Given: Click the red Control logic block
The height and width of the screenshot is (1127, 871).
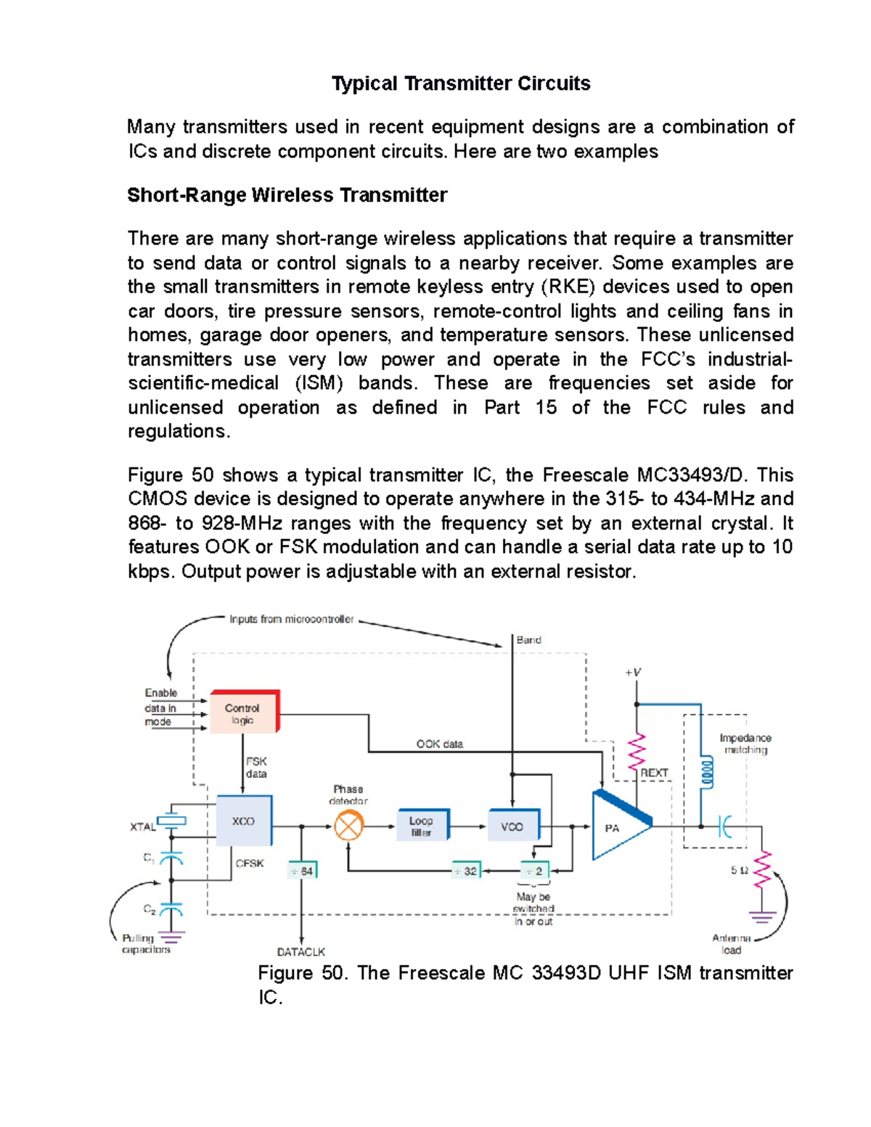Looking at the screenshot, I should coord(244,712).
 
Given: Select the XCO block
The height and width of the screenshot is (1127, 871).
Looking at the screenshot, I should coord(244,821).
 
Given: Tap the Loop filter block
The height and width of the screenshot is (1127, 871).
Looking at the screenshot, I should coord(422,826).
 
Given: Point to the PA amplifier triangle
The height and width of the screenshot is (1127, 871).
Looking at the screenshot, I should coord(617,827).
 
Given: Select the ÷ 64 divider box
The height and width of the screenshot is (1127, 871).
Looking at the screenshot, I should coord(301,871).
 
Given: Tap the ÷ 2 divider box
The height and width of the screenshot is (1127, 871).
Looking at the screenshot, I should coord(534,870).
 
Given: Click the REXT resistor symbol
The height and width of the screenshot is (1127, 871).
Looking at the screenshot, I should coord(637,753).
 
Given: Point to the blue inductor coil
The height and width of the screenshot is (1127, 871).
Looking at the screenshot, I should coord(703,774).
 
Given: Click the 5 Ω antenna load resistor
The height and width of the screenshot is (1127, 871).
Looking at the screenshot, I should coord(762,870).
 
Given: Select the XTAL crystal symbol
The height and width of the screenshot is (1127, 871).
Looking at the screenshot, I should coord(172,821).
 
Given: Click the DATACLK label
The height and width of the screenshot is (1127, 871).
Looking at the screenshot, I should coord(300,951).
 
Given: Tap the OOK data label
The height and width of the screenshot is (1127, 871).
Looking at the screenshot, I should coord(439,744).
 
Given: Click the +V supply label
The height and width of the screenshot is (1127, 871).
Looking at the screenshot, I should coord(633,672).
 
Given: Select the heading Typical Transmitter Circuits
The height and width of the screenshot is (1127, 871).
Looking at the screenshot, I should coord(460,83).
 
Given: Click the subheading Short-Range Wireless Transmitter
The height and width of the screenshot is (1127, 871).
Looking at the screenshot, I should coord(287,195).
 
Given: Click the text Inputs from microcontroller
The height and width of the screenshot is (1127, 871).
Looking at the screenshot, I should coord(291,619).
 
